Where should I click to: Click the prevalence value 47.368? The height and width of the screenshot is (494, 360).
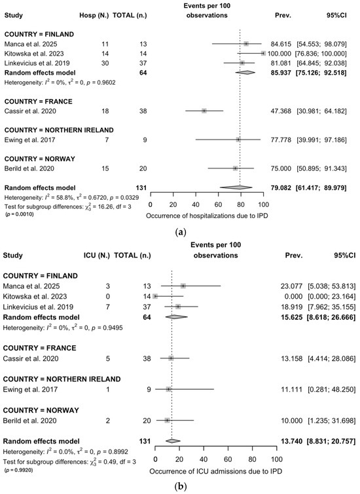click(x=281, y=111)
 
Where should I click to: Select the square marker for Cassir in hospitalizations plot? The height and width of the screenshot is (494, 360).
click(x=204, y=111)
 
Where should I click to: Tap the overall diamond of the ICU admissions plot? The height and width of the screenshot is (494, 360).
click(x=173, y=441)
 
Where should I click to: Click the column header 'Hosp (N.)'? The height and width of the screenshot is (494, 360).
click(x=94, y=15)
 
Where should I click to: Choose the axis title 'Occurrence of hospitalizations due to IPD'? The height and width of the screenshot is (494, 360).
click(x=207, y=216)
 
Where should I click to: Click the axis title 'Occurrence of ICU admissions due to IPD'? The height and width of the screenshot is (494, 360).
click(x=215, y=471)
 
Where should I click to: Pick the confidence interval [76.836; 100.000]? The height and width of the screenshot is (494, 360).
click(x=321, y=54)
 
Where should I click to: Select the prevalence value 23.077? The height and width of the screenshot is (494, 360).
click(x=291, y=286)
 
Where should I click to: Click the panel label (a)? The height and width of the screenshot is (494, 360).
click(x=180, y=233)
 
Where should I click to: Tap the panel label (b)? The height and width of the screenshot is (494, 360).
click(x=180, y=487)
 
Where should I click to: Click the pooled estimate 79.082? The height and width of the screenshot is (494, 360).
click(x=281, y=188)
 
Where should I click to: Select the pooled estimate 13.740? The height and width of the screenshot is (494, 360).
click(x=291, y=441)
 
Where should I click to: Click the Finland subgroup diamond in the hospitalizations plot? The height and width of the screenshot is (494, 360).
click(x=245, y=73)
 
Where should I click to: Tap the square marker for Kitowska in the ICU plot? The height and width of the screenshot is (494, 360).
click(x=155, y=296)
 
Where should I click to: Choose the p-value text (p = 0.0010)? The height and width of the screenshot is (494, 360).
click(x=19, y=214)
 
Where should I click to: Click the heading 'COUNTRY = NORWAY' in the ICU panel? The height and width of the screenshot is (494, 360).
click(x=41, y=410)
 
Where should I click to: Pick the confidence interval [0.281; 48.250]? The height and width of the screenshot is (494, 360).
click(x=331, y=389)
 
